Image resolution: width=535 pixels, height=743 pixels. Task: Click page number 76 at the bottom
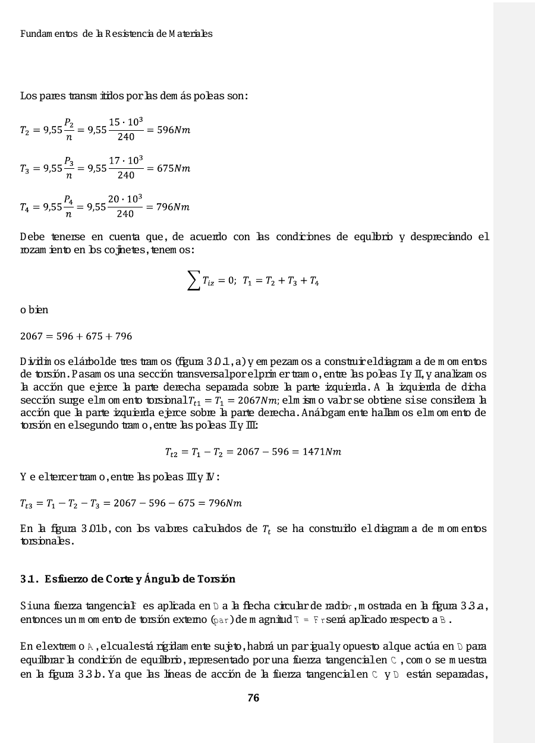click(253, 698)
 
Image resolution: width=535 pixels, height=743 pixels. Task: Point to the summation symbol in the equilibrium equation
click(193, 282)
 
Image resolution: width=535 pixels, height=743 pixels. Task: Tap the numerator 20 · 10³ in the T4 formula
click(125, 199)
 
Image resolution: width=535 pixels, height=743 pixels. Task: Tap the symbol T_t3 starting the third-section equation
click(28, 504)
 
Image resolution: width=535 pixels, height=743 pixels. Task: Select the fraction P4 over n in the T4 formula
click(69, 207)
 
